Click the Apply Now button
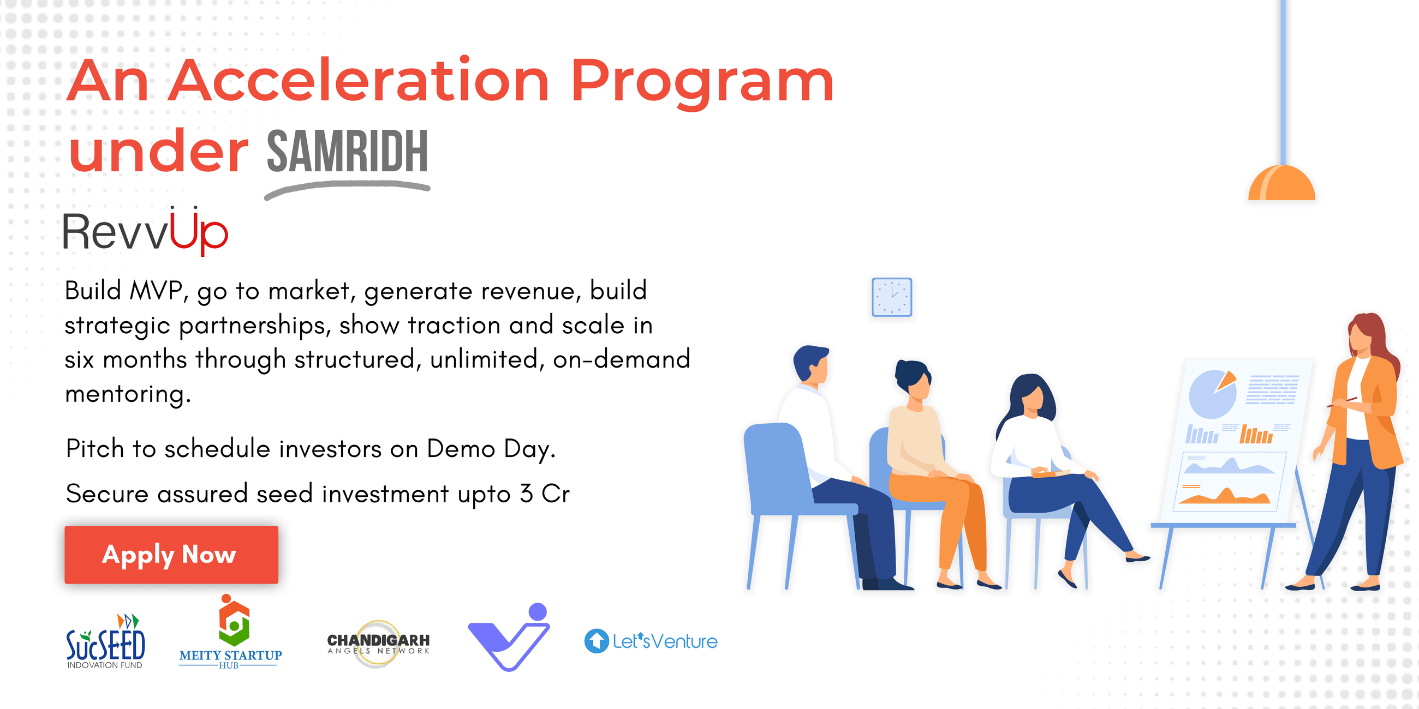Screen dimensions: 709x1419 click(171, 554)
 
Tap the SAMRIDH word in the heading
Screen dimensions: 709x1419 click(347, 152)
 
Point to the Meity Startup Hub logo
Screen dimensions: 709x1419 click(231, 633)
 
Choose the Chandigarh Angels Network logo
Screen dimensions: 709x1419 click(378, 644)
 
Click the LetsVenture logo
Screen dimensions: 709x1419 click(651, 641)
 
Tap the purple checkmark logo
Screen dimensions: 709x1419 click(509, 639)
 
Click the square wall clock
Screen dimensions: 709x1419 click(891, 297)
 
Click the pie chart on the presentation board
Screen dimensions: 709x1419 click(1212, 393)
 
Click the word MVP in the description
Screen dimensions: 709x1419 click(156, 290)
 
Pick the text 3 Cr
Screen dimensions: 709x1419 click(544, 493)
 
